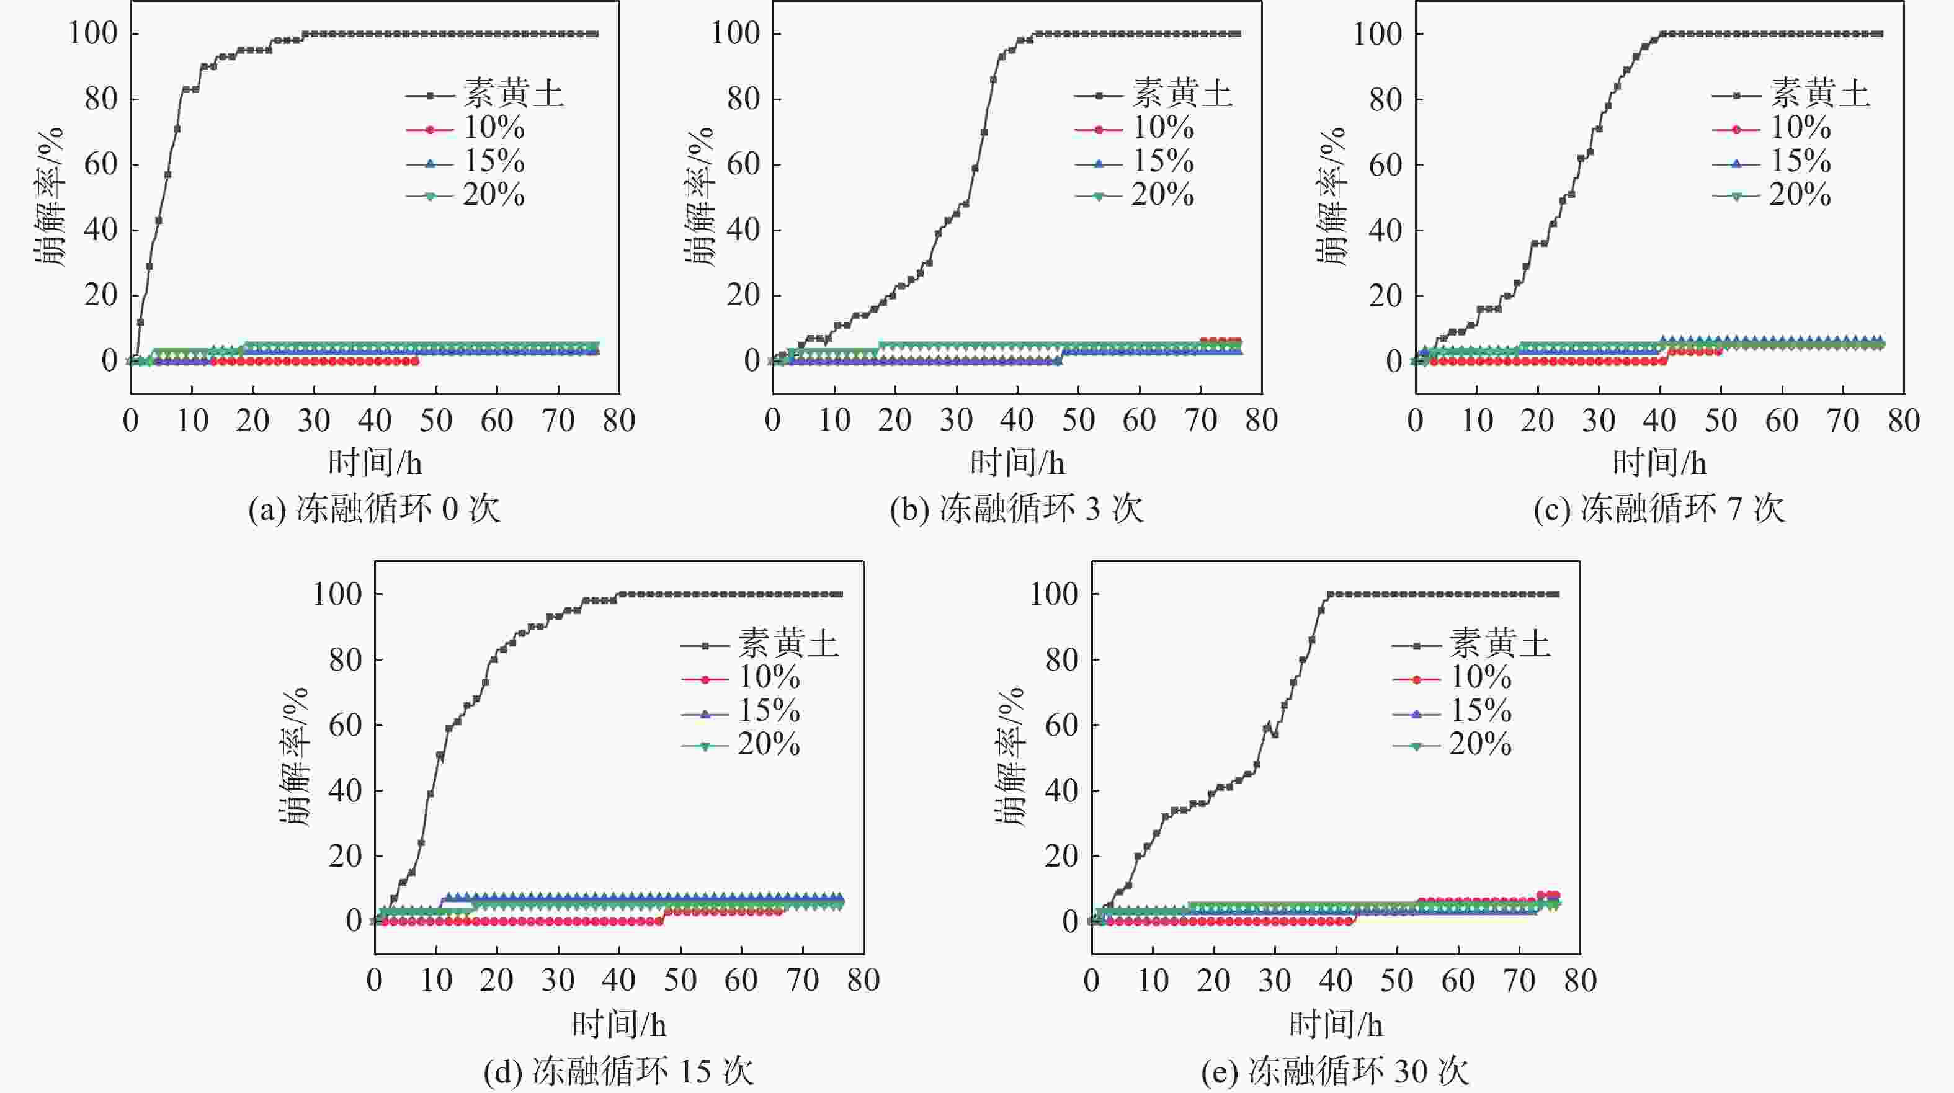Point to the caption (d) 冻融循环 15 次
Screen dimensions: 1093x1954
[x=618, y=1071]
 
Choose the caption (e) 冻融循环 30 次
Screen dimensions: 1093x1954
[x=1335, y=1071]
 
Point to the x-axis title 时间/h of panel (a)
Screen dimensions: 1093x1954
[x=375, y=463]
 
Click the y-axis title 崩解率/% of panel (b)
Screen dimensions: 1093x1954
[x=698, y=197]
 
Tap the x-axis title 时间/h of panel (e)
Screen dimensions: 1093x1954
[x=1336, y=1025]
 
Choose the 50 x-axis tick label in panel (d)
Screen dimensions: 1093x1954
[x=680, y=981]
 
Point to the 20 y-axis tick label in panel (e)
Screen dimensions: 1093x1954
[x=1061, y=856]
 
